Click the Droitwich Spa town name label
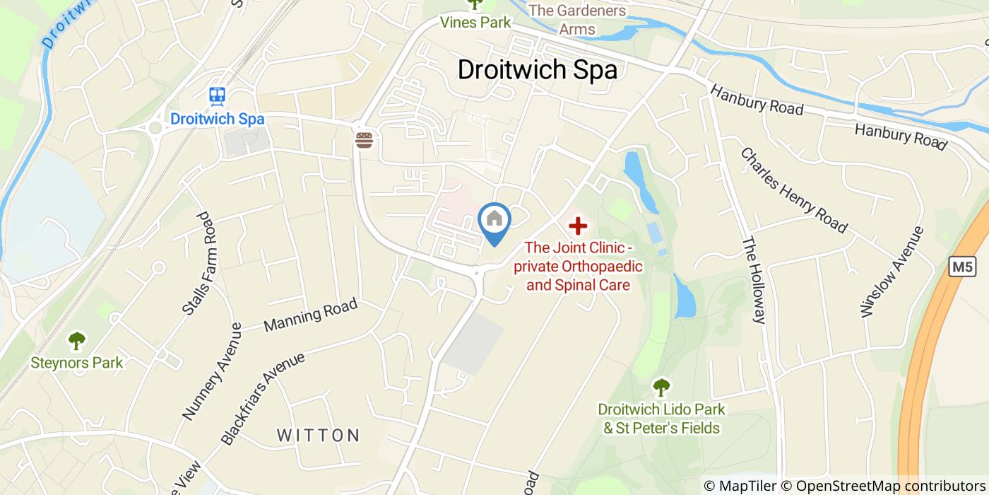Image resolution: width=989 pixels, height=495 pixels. [x=537, y=69]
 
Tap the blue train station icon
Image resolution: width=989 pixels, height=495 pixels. [x=217, y=95]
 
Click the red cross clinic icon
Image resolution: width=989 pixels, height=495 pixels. [x=578, y=226]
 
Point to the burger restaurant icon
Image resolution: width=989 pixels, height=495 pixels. [x=365, y=140]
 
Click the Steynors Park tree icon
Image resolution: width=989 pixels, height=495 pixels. [x=76, y=341]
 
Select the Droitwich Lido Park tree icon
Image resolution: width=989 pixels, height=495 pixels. [x=661, y=387]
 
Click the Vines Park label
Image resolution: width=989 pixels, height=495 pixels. [x=475, y=22]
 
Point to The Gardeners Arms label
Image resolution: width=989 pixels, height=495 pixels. [x=577, y=20]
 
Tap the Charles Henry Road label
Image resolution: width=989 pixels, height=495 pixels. [x=793, y=190]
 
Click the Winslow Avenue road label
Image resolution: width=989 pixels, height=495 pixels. [x=892, y=272]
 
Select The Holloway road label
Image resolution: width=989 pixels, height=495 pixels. [x=753, y=279]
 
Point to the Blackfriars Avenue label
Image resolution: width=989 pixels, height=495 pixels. [x=263, y=397]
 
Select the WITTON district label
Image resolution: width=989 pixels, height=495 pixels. [x=318, y=435]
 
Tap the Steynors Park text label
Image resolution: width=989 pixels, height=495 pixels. [x=76, y=363]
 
